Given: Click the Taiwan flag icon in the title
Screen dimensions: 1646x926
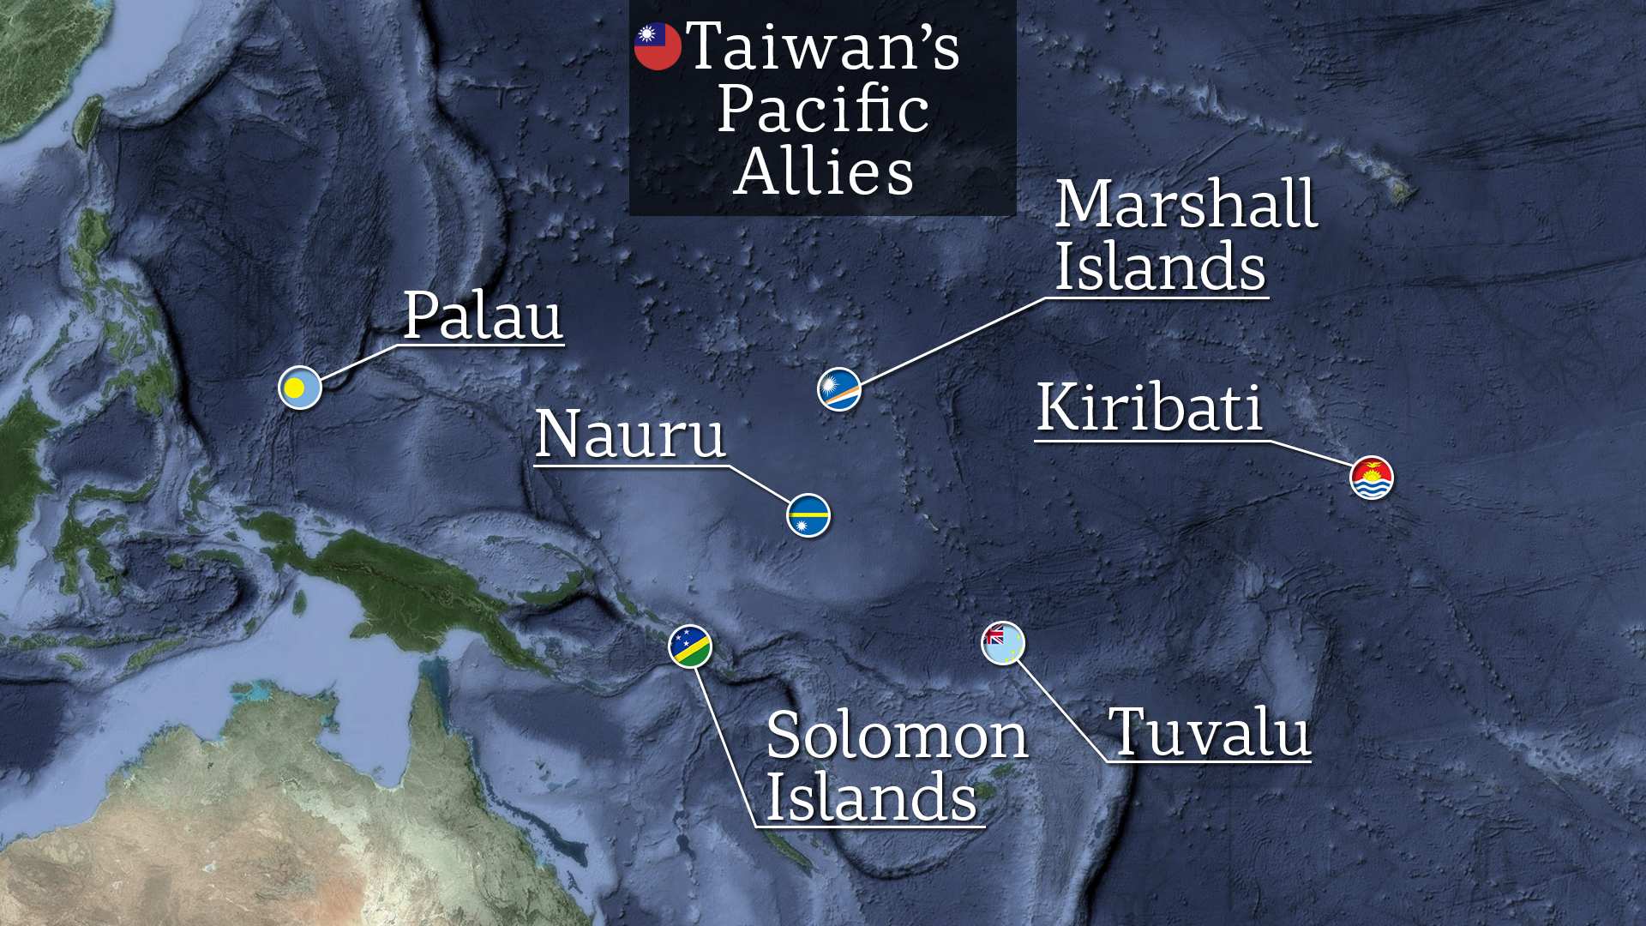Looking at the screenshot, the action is point(658,46).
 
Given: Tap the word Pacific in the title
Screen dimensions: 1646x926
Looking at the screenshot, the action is point(823,110).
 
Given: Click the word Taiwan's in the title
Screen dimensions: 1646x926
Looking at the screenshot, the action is point(823,46).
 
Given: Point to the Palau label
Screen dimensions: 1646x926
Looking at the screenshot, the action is point(483,316).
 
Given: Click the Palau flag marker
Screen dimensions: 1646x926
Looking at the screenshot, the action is point(300,388).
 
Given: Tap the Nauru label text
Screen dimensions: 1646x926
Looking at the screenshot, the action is point(630,434).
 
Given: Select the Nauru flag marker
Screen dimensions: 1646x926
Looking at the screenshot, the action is point(808,515).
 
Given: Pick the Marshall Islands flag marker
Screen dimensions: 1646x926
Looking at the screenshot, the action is point(839,389).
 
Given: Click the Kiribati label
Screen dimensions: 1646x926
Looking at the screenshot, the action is point(1150,407).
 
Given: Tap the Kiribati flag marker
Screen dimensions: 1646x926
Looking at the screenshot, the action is point(1372,478).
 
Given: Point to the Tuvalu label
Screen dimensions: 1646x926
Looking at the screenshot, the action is point(1210,733).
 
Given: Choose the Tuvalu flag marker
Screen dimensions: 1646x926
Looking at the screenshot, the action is point(1003,643).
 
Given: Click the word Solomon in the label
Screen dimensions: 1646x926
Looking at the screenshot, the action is point(897,736).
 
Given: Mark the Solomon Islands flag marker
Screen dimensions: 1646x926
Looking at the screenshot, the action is point(690,646).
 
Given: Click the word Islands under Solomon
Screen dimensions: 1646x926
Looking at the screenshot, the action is point(871,797).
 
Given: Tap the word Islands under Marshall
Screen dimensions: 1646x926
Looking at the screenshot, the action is point(1160,267).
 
